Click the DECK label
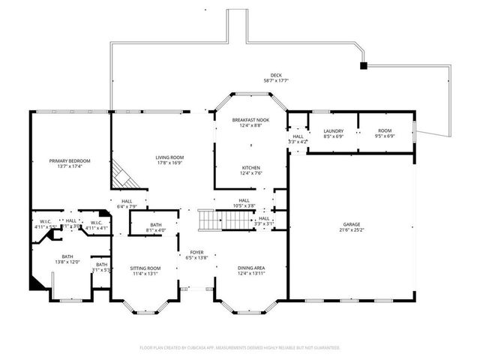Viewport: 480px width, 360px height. [x=277, y=75]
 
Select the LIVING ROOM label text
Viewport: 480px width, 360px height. [x=169, y=157]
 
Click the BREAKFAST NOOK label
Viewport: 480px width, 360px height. [x=250, y=120]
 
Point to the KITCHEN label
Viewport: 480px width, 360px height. [x=250, y=167]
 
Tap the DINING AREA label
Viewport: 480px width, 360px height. [x=250, y=268]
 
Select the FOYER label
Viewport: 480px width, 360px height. [x=196, y=252]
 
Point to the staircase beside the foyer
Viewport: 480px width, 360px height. [x=228, y=220]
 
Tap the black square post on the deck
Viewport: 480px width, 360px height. [x=364, y=66]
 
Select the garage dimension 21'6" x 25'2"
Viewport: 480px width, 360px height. [x=352, y=229]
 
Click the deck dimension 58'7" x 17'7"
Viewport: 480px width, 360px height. [x=277, y=81]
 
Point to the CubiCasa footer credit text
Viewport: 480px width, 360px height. [x=240, y=348]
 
